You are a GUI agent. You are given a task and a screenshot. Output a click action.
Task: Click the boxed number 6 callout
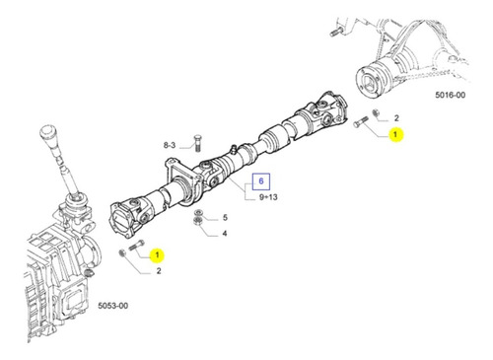261,181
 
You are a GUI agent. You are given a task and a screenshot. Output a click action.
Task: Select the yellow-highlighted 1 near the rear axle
395,134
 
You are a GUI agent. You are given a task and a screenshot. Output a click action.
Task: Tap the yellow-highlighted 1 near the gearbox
157,255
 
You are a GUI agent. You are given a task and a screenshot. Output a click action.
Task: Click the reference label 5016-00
451,95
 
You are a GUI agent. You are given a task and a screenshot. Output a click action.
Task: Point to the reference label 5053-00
113,306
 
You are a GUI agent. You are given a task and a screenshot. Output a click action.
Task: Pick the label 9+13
268,197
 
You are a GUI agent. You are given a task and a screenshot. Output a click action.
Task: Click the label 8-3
170,145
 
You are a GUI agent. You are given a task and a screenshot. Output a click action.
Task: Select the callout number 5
225,218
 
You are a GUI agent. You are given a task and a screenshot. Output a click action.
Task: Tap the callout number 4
225,234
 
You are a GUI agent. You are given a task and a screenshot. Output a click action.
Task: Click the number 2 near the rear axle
396,118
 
